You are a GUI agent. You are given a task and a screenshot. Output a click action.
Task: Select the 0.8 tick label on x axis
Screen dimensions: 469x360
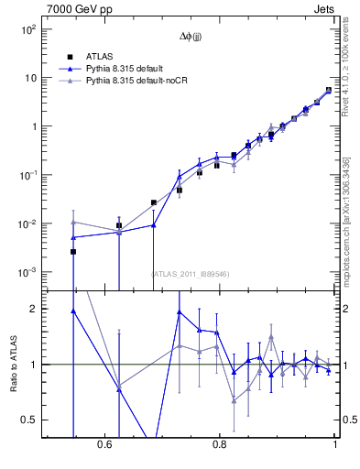click(219, 444)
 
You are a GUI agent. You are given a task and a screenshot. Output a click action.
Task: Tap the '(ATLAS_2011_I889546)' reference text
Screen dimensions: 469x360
click(190, 273)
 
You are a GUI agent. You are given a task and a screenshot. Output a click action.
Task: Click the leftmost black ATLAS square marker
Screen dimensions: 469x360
click(73, 251)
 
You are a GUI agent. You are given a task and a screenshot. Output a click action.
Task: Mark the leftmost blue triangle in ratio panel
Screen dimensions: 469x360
click(73, 311)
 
